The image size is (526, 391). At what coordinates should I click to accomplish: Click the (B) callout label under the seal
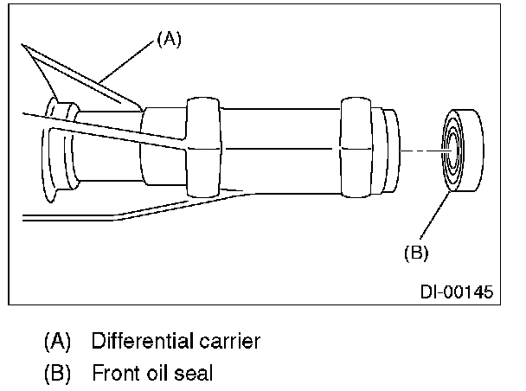coord(416,253)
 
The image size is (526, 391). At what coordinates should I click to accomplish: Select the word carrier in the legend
coord(229,341)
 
